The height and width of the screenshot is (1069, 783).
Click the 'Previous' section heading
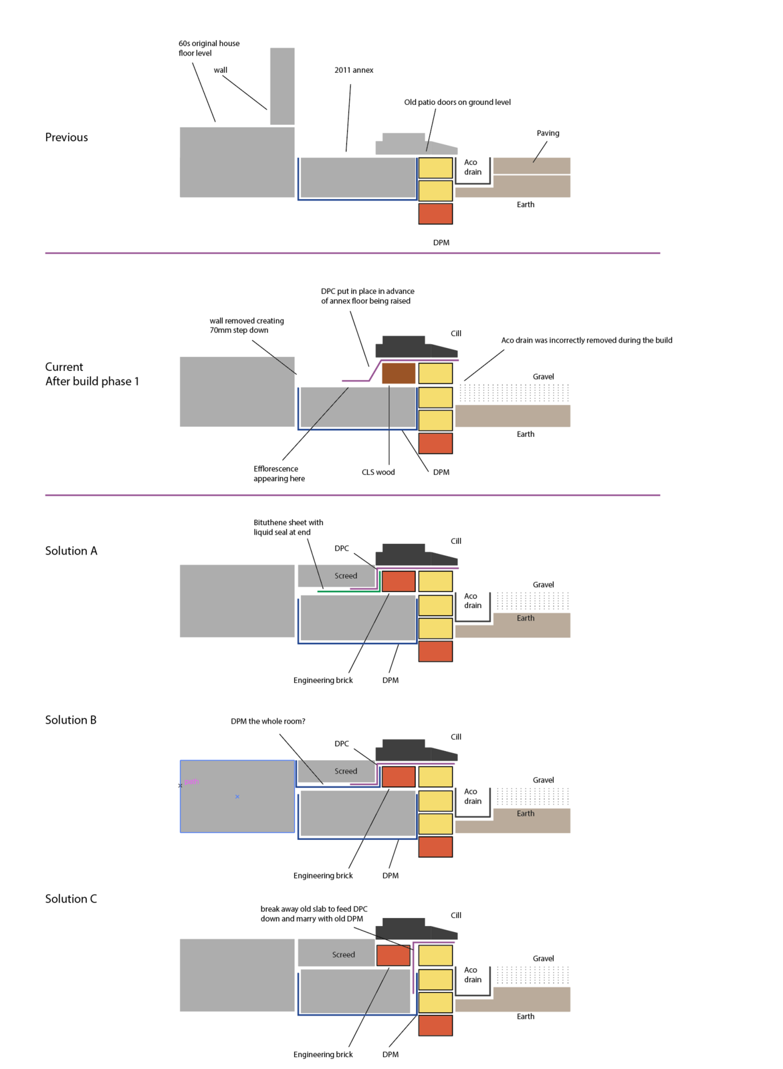[x=66, y=138]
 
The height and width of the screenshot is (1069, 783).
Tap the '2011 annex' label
[x=354, y=70]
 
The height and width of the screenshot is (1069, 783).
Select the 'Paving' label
[x=548, y=133]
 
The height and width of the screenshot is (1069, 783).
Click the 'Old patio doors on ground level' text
[x=457, y=102]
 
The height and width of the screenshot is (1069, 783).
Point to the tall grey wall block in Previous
[x=282, y=86]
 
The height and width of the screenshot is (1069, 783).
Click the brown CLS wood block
[x=399, y=373]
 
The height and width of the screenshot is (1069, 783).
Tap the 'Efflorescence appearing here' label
[x=279, y=474]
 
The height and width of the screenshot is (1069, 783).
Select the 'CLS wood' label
[x=378, y=472]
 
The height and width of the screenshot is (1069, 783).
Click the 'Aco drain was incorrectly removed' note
[x=586, y=340]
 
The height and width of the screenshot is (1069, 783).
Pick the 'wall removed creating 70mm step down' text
[x=247, y=325]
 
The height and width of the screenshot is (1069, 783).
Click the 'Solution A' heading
[x=71, y=551]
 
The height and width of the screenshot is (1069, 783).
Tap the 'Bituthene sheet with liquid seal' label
[x=288, y=527]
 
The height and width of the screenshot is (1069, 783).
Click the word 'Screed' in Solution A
[x=346, y=576]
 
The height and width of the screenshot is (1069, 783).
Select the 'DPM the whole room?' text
[x=267, y=721]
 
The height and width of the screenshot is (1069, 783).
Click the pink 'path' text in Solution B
[x=191, y=782]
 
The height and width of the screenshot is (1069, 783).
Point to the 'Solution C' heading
[x=71, y=899]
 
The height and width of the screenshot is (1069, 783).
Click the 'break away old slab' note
[x=314, y=914]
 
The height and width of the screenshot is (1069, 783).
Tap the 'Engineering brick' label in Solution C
[x=323, y=1054]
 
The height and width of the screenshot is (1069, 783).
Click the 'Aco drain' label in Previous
[x=473, y=167]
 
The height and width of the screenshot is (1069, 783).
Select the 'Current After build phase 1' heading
[x=92, y=374]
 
